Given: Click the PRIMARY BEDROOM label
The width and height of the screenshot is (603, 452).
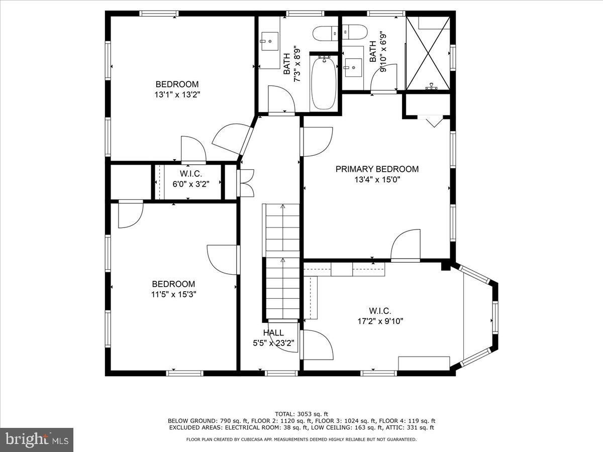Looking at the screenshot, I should pyautogui.click(x=377, y=169).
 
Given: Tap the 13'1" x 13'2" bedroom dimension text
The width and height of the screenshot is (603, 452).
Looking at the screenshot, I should pyautogui.click(x=176, y=94).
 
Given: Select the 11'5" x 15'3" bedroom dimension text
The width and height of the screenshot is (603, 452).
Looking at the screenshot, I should pyautogui.click(x=173, y=294).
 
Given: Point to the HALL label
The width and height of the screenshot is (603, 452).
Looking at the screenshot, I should pyautogui.click(x=273, y=332).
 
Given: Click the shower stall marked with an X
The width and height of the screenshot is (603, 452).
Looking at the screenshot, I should pyautogui.click(x=428, y=53).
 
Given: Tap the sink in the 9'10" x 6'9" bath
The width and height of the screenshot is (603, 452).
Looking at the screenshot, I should pyautogui.click(x=353, y=65).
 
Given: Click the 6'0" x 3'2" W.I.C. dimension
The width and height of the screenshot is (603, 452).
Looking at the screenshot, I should pyautogui.click(x=187, y=183).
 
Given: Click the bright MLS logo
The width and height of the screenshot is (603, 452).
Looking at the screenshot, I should pyautogui.click(x=37, y=440).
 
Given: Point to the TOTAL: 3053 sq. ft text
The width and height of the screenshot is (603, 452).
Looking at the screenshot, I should pyautogui.click(x=301, y=413).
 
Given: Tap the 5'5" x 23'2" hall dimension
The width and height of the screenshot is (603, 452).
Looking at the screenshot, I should pyautogui.click(x=273, y=344).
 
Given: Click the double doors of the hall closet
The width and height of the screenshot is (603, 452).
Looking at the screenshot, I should pyautogui.click(x=246, y=183).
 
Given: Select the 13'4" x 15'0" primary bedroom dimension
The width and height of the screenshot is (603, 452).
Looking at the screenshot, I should pyautogui.click(x=377, y=179).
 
